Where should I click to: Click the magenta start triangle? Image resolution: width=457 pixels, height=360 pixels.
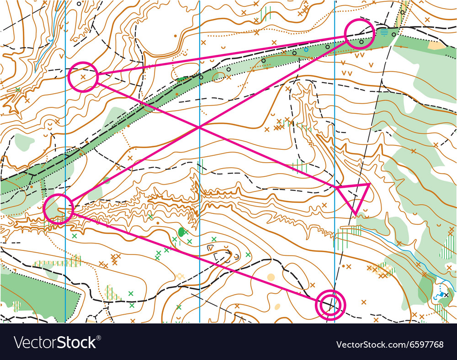coord(354,195)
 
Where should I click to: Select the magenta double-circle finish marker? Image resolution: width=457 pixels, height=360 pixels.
coord(330,304)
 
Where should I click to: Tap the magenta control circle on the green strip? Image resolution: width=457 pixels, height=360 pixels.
coord(359,34)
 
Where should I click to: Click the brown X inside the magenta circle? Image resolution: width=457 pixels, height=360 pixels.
coord(83,77)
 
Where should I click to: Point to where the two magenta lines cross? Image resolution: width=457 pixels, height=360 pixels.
coord(199,127)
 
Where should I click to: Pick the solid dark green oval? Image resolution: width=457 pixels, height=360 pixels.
coord(182,232)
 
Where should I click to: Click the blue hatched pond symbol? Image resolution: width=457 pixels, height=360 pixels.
coord(384,32)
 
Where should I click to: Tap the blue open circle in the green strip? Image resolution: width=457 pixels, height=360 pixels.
coord(306,49)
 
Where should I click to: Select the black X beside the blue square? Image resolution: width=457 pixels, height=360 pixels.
coord(446,295)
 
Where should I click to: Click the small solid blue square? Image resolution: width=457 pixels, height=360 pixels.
coord(441,294)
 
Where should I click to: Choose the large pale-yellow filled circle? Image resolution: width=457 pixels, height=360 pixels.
coord(271,277)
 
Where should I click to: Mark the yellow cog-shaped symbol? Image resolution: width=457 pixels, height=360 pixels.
coord(180,276)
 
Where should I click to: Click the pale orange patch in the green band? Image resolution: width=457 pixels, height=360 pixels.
coord(437,45)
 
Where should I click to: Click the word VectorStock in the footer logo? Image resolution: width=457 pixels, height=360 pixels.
coord(55,342)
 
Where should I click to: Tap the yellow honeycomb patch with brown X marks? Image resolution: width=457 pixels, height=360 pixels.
coord(385,270)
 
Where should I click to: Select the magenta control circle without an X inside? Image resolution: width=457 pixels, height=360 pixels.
coord(58,208)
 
